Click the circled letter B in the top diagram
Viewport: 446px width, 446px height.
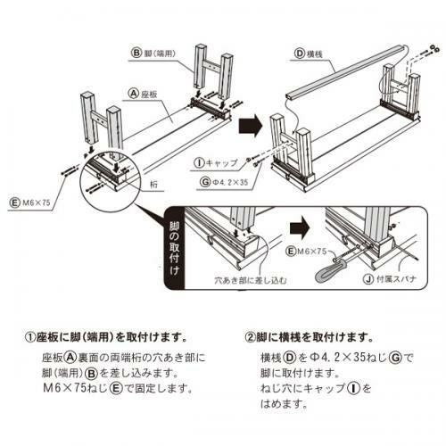click(x=136, y=54)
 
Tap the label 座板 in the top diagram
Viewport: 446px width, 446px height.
click(x=149, y=95)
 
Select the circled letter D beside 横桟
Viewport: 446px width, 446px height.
click(x=300, y=54)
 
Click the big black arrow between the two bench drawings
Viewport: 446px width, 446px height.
click(x=251, y=126)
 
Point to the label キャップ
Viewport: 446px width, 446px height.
click(x=222, y=162)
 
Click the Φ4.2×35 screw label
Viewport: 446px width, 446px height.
click(x=230, y=182)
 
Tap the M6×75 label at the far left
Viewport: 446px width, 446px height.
click(x=37, y=203)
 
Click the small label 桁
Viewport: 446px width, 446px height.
click(x=153, y=185)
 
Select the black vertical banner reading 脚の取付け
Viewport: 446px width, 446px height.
click(x=174, y=248)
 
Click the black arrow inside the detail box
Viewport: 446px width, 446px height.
click(x=300, y=227)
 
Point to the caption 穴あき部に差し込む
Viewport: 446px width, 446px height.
click(x=251, y=280)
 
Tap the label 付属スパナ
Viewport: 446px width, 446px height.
click(x=397, y=279)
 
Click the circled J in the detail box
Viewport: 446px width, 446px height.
click(x=369, y=279)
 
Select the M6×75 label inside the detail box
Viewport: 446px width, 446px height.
click(x=312, y=252)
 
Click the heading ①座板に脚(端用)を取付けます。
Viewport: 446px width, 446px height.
click(x=108, y=337)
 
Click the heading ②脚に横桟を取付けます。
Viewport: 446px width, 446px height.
click(x=310, y=337)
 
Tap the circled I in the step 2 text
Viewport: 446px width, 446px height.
click(x=354, y=388)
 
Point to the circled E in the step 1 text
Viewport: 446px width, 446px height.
click(x=116, y=388)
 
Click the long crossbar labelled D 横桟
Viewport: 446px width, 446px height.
click(x=345, y=71)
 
